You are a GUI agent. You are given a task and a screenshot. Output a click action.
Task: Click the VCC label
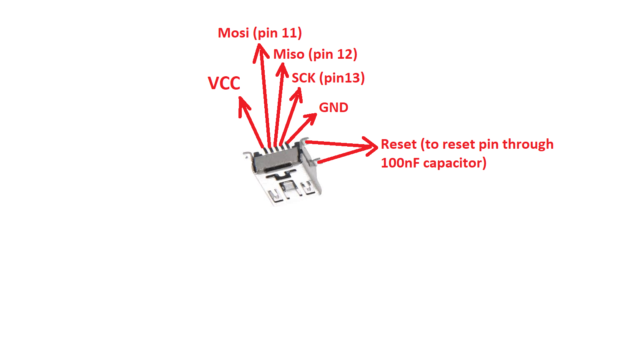tap(224, 83)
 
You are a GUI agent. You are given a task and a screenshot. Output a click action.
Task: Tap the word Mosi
tap(233, 33)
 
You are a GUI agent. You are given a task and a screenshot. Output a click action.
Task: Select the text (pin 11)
tap(277, 33)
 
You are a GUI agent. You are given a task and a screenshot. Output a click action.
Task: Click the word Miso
tap(289, 54)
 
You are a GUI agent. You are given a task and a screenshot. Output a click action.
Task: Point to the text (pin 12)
tap(333, 54)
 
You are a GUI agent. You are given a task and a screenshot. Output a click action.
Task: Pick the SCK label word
tap(303, 78)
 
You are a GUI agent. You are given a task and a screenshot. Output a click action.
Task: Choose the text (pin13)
tap(342, 78)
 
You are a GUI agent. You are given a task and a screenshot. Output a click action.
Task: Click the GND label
tap(334, 107)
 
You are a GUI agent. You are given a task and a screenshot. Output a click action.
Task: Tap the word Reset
tap(399, 144)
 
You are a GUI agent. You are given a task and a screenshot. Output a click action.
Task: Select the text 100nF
tap(400, 163)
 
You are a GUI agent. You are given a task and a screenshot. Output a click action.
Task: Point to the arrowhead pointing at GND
tap(311, 118)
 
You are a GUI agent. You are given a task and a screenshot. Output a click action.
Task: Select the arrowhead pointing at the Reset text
tap(371, 146)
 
